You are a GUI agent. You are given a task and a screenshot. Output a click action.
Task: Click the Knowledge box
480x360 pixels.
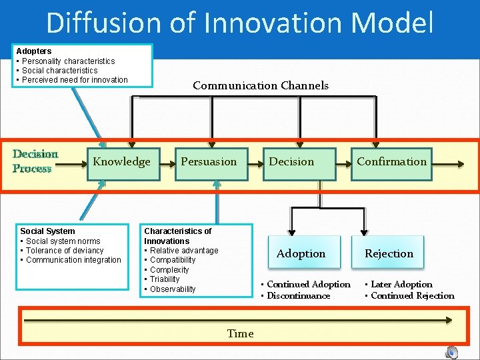pos(122,162)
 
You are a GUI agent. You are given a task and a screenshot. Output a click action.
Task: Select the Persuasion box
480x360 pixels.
pos(209,162)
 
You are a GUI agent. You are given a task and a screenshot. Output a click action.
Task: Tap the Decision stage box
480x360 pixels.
pos(291,162)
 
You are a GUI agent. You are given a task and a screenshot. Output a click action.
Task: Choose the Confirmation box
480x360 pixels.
pos(391,162)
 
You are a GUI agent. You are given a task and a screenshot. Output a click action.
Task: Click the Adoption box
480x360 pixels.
pos(301,253)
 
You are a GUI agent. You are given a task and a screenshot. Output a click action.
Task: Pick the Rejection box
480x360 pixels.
pos(389,253)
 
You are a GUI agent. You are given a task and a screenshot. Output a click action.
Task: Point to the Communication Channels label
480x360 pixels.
pos(261,85)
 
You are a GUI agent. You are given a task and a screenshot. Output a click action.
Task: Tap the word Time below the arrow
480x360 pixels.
pos(240,334)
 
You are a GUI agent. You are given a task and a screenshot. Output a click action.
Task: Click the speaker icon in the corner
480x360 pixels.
pos(452,352)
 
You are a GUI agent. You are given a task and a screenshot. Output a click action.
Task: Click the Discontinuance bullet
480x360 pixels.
pos(298,296)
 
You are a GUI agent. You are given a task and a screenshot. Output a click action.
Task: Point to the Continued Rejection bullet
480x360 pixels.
pos(412,296)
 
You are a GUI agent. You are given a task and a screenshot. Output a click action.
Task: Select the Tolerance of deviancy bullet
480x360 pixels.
pos(65,251)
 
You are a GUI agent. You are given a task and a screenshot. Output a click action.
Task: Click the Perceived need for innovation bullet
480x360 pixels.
pos(75,80)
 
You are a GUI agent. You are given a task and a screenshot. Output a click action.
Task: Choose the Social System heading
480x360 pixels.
pos(47,231)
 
